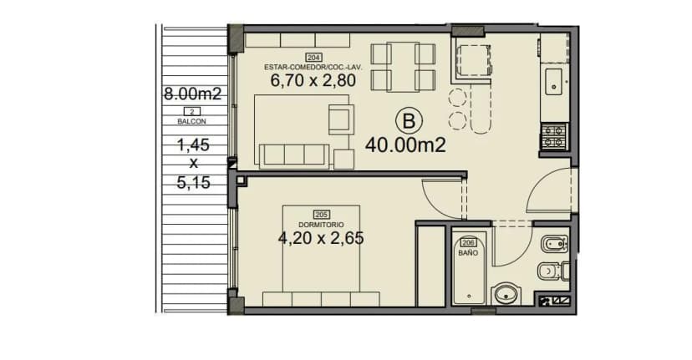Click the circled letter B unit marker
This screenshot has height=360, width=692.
(410, 121)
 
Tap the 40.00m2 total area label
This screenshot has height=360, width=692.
(405, 145)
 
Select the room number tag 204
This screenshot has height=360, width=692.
(313, 58)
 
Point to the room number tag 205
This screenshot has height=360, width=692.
(321, 215)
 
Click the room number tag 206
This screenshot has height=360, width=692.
(468, 243)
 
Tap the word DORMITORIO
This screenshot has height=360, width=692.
(321, 225)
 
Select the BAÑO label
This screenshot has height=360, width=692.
(468, 253)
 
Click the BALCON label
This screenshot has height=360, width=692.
(191, 121)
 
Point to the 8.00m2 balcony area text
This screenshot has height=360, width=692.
(192, 94)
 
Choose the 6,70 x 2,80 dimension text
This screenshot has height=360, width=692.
(313, 80)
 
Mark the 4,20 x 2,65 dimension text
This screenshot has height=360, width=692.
(321, 238)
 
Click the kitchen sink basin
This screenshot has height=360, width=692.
(553, 82)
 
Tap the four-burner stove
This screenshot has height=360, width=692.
(554, 137)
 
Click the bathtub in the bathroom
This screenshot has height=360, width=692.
(470, 267)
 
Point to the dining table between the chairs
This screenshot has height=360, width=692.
(403, 67)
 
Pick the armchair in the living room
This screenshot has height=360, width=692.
(341, 119)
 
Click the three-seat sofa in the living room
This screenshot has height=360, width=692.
(294, 156)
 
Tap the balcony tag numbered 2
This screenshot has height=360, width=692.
(191, 112)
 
